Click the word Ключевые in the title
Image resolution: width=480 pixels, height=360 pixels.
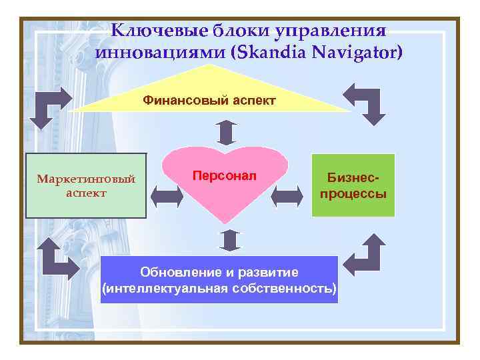coord(155,31)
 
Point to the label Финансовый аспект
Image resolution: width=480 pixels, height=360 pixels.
coord(209,101)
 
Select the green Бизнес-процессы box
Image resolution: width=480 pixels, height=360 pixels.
coord(353,186)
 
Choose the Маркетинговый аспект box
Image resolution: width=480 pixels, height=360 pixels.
coord(86,186)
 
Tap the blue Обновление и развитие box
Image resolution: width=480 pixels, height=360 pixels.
coord(219,280)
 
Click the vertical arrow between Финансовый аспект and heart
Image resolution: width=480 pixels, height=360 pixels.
coord(227,132)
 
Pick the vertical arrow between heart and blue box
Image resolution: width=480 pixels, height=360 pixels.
coord(229,240)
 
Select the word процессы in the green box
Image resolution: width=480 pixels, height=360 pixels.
coord(353,194)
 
